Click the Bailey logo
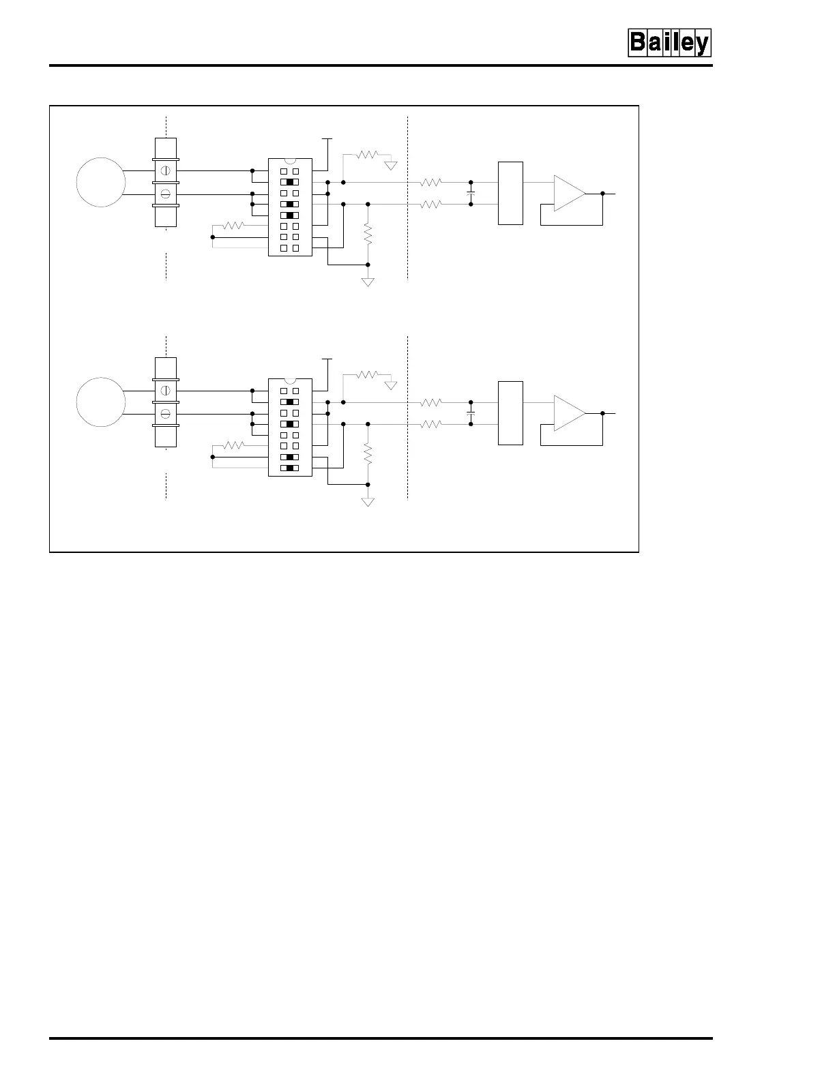[x=669, y=43]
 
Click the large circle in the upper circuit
[x=101, y=182]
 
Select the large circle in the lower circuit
[x=101, y=402]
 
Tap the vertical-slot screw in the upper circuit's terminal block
[x=165, y=170]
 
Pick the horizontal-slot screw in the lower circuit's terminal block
[x=165, y=414]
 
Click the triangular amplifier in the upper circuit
[x=569, y=194]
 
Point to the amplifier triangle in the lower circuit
[x=569, y=413]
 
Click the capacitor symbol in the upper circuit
[x=471, y=193]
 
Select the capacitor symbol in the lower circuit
[x=471, y=413]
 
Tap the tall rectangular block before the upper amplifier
[x=510, y=193]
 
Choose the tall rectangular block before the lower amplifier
[x=510, y=413]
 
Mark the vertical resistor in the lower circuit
[x=368, y=454]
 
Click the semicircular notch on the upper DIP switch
[x=290, y=162]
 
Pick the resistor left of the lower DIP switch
[x=233, y=445]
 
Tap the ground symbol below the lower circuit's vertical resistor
[x=368, y=502]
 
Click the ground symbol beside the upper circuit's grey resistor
[x=391, y=165]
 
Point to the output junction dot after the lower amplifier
[x=603, y=413]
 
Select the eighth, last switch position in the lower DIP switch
[x=290, y=468]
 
